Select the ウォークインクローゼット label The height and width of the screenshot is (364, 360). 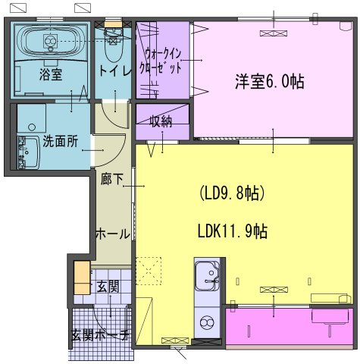[163, 60]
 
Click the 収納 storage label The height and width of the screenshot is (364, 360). [161, 121]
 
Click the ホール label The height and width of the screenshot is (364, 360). [111, 234]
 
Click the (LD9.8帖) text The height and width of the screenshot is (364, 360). [231, 193]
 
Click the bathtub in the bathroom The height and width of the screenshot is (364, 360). [50, 39]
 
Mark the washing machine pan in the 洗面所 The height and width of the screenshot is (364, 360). [32, 118]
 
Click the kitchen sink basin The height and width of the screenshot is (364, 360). [206, 276]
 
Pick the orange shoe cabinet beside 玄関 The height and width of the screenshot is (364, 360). [81, 277]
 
